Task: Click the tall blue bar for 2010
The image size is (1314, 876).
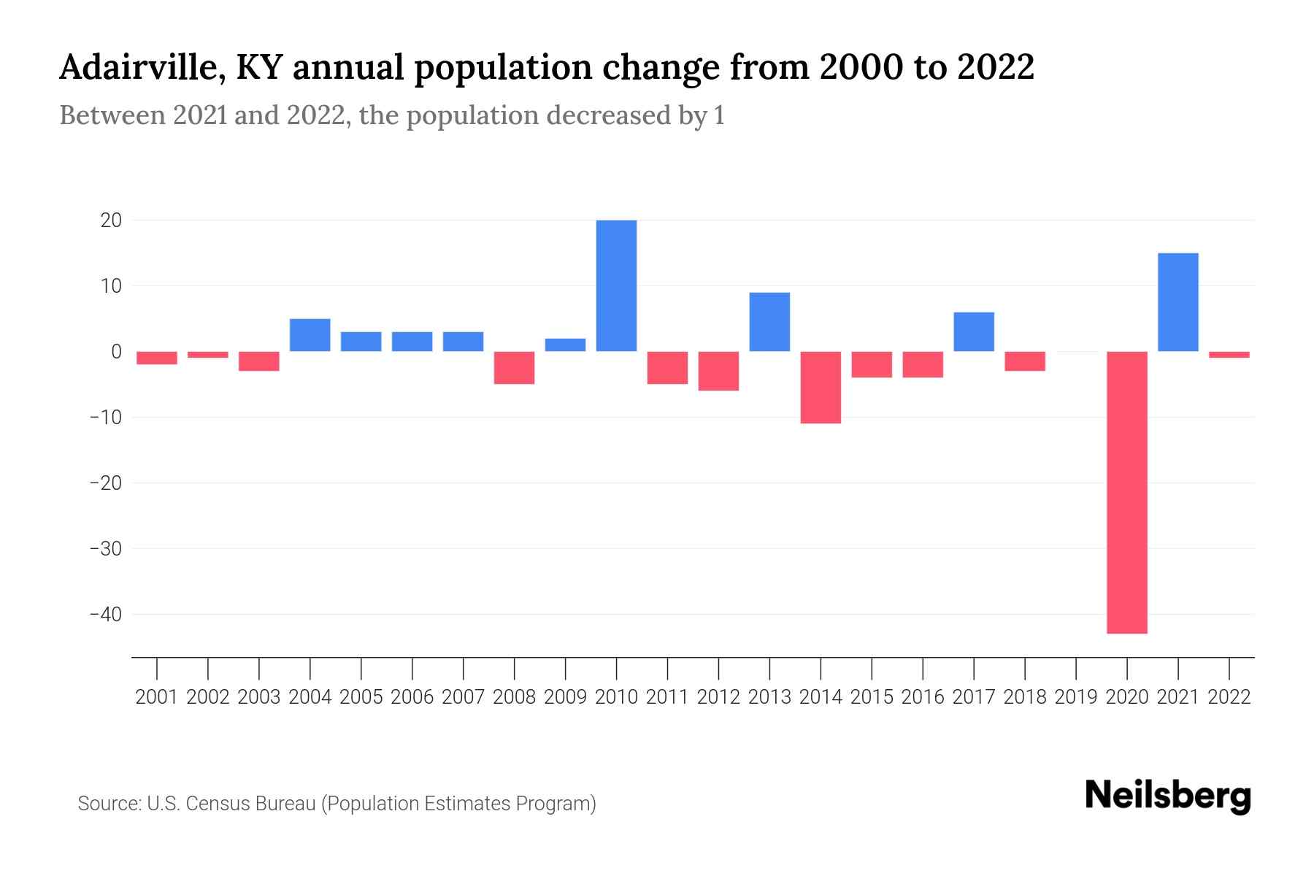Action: click(616, 285)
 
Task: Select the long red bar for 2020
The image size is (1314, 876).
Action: click(1127, 492)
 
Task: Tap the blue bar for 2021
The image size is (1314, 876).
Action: click(1178, 302)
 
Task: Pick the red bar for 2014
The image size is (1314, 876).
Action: click(821, 387)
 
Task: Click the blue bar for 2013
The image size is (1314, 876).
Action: click(769, 322)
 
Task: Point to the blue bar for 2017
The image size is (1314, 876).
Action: click(974, 331)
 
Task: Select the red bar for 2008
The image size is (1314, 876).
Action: click(514, 367)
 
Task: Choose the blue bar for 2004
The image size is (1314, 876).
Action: click(310, 335)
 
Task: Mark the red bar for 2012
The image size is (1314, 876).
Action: click(718, 371)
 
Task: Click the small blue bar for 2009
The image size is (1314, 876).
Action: click(565, 345)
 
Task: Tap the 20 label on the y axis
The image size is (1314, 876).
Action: click(111, 220)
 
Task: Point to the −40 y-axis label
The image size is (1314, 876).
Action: click(105, 615)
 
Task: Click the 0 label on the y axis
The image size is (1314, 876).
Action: click(116, 352)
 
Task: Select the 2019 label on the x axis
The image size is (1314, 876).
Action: click(1076, 697)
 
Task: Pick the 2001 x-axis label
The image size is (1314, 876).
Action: click(157, 697)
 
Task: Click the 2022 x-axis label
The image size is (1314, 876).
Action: click(1229, 697)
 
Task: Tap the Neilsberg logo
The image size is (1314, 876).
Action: click(1167, 796)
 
